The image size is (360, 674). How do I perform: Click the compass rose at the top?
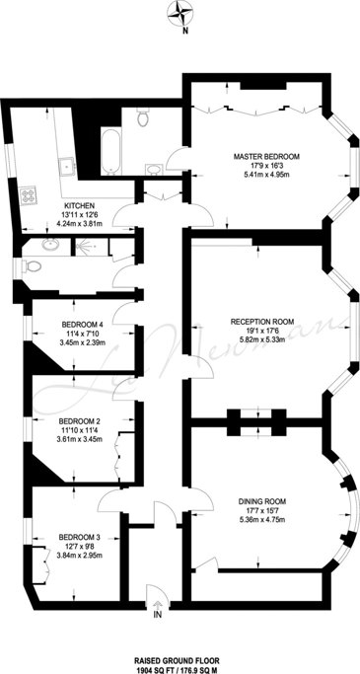(x=179, y=14)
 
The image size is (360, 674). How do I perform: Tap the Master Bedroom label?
(x=266, y=156)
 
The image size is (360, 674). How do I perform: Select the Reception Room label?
(x=274, y=321)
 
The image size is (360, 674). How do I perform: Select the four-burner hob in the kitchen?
(x=28, y=193)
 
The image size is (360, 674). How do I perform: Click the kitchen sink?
(x=67, y=164)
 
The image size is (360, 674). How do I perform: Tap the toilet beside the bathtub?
(x=143, y=116)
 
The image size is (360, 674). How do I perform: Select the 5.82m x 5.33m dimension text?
(x=274, y=337)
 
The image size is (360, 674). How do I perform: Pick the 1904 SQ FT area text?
(x=157, y=669)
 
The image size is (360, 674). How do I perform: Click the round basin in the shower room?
(x=51, y=246)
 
